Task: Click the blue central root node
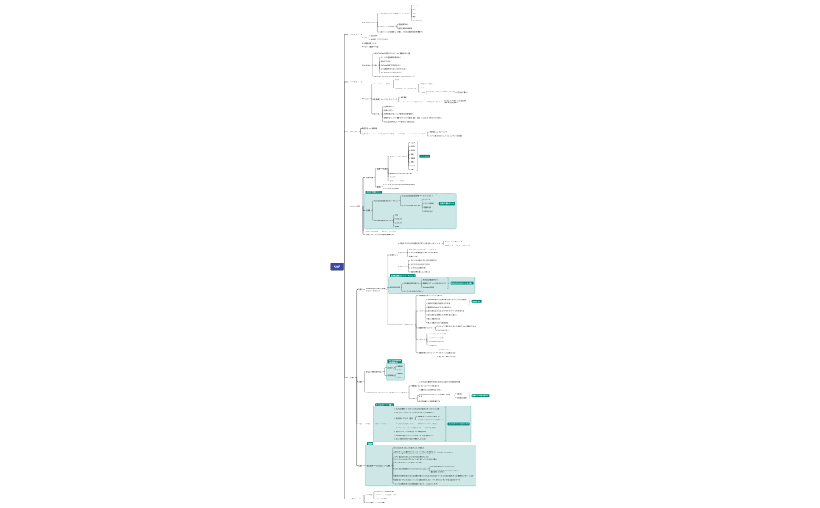point(337,267)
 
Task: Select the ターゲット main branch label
point(355,81)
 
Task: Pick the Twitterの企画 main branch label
point(355,206)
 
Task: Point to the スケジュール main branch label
point(355,498)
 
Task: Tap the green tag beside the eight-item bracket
point(424,156)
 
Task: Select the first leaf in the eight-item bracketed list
point(412,143)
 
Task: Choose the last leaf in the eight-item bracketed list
point(412,170)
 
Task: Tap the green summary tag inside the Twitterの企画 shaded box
point(447,203)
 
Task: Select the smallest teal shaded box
point(395,370)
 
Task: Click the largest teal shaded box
point(420,465)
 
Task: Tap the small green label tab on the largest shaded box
point(370,443)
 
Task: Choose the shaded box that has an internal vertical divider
point(422,423)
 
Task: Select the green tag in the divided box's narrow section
point(458,424)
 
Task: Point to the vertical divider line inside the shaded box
point(446,423)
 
